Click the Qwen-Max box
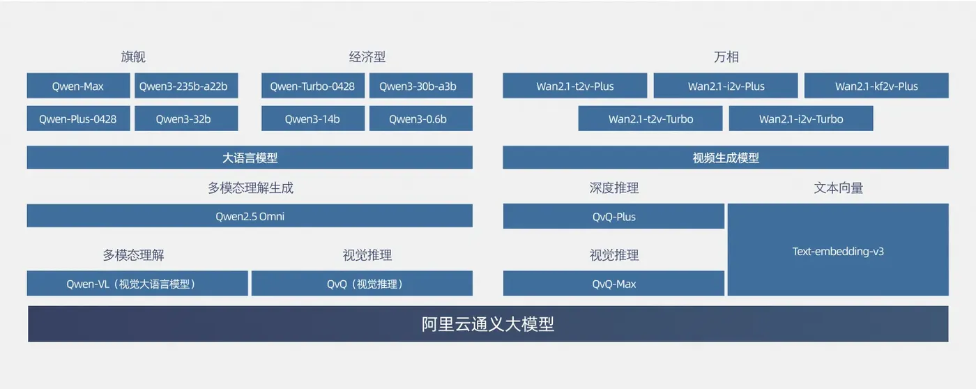tap(78, 86)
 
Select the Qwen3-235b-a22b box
tap(186, 86)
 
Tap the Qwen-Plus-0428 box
tap(78, 119)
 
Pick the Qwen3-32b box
tap(186, 119)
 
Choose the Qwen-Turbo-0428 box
tap(312, 86)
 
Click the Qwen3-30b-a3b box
tap(420, 86)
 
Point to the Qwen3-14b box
tap(312, 119)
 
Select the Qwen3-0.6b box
tap(420, 119)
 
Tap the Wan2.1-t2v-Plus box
tap(575, 86)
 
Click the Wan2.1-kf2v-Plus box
tap(876, 86)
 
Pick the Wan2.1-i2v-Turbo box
tap(801, 119)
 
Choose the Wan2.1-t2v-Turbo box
tap(650, 119)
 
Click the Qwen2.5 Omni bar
tap(250, 216)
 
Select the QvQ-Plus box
tap(613, 216)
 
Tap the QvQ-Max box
tap(613, 284)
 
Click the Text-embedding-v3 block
tap(838, 250)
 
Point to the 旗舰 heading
tap(133, 57)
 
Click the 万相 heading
tap(726, 57)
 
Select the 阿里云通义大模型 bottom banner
tap(488, 324)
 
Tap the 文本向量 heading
tap(838, 188)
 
